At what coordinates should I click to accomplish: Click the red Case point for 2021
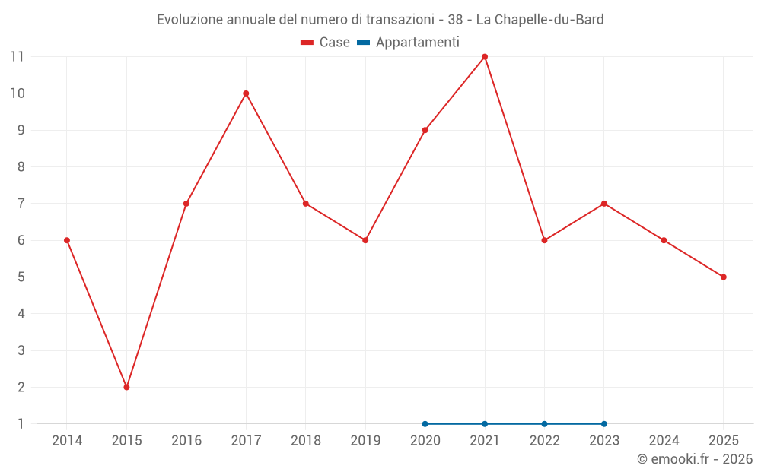[x=485, y=57]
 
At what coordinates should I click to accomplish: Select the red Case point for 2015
[x=126, y=387]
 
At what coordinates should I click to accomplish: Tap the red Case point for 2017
[x=246, y=93]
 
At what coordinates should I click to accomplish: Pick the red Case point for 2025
[x=723, y=277]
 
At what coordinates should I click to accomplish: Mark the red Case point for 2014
[x=67, y=240]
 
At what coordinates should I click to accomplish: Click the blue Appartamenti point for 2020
[x=425, y=423]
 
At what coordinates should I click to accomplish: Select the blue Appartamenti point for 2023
[x=604, y=423]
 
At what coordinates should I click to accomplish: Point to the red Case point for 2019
[x=365, y=240]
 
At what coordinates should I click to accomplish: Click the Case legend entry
[x=326, y=43]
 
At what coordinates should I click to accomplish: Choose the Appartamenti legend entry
[x=409, y=43]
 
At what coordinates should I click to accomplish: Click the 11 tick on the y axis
[x=17, y=57]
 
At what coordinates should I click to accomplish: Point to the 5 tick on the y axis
[x=21, y=277]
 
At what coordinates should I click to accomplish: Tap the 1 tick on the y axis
[x=21, y=423]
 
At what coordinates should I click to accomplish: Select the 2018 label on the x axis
[x=305, y=441]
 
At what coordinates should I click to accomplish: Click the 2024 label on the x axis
[x=664, y=441]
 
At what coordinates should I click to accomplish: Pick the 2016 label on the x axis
[x=186, y=441]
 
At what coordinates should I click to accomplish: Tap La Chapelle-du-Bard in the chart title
[x=540, y=20]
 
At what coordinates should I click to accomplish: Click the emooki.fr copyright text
[x=695, y=459]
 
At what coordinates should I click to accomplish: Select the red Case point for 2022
[x=544, y=240]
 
